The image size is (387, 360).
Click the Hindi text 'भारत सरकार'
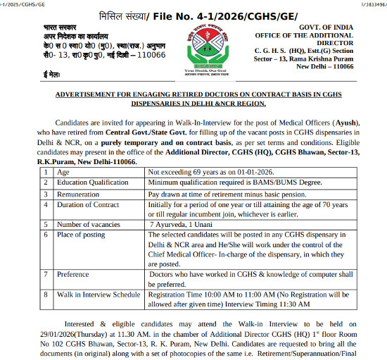point(60,27)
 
